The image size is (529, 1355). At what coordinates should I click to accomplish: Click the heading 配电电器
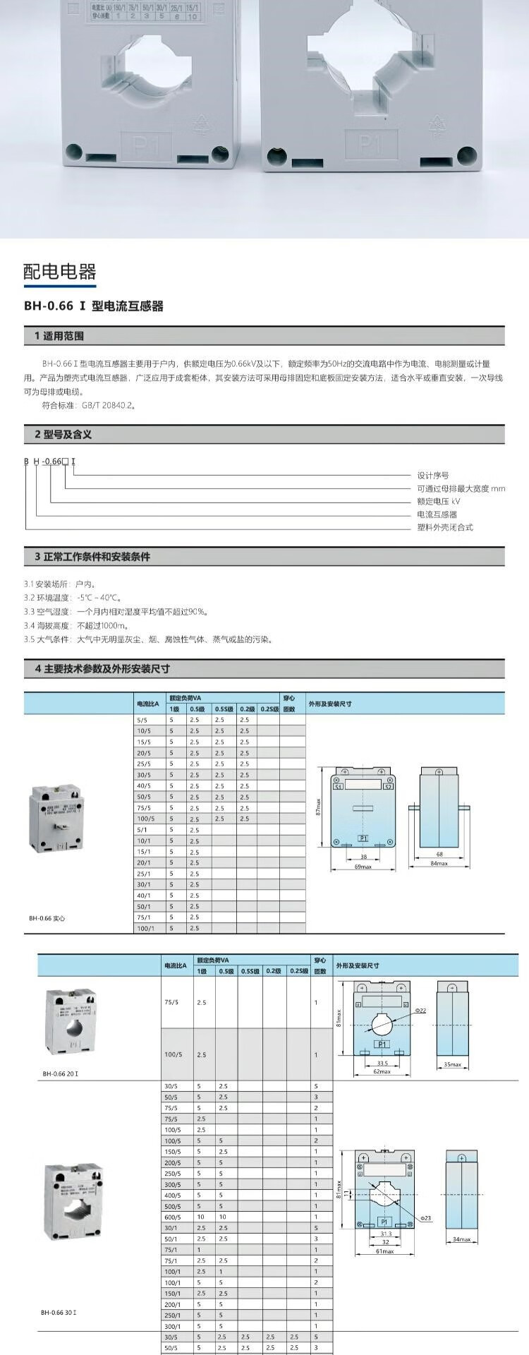click(59, 272)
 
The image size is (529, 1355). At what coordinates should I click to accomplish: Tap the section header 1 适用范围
click(59, 336)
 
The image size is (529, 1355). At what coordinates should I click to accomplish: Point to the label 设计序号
click(432, 476)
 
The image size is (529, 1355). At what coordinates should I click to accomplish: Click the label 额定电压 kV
click(438, 502)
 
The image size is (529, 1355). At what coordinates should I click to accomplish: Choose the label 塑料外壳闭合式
click(444, 527)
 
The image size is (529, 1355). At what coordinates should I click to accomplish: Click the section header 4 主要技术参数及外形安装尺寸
click(103, 668)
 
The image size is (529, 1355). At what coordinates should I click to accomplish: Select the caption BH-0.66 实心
click(47, 918)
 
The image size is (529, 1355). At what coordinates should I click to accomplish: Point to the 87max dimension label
click(319, 807)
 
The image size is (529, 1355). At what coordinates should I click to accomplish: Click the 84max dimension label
click(439, 863)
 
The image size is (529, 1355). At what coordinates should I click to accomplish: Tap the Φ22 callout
click(420, 1011)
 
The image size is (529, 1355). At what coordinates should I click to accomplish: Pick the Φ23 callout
click(425, 1218)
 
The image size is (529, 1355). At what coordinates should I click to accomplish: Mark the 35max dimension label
click(452, 1065)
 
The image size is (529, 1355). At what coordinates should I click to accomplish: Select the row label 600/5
click(172, 1217)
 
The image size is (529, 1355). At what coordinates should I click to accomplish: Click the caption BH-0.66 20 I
click(60, 1073)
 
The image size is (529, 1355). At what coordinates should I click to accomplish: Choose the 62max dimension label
click(382, 1071)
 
